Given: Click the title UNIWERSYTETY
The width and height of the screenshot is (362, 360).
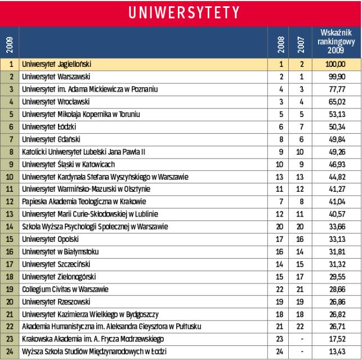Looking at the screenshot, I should click(181, 12).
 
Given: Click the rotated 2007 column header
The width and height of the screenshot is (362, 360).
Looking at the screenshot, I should click(301, 43).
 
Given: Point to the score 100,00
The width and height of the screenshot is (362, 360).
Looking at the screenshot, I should click(334, 65).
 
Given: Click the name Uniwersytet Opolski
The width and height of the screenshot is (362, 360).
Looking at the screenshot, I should click(50, 239).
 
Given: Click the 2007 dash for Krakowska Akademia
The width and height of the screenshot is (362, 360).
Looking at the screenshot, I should click(301, 339).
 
